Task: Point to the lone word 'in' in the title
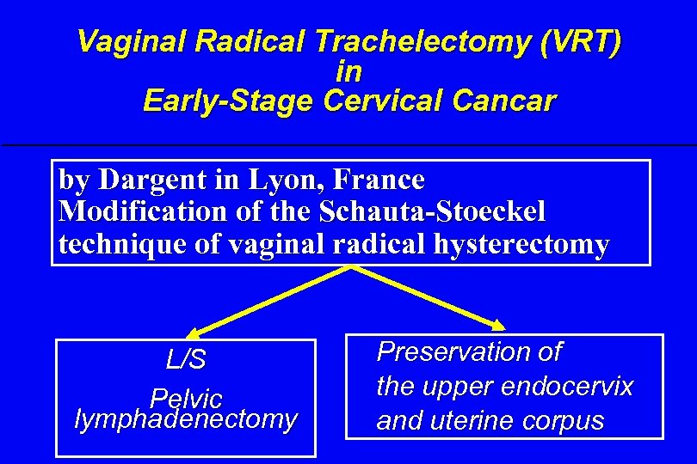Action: click(348, 71)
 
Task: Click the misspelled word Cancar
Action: click(502, 101)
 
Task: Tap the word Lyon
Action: click(277, 180)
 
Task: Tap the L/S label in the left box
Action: click(186, 360)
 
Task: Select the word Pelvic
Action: click(186, 398)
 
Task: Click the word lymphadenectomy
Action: click(186, 419)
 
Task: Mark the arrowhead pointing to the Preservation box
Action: click(500, 324)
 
